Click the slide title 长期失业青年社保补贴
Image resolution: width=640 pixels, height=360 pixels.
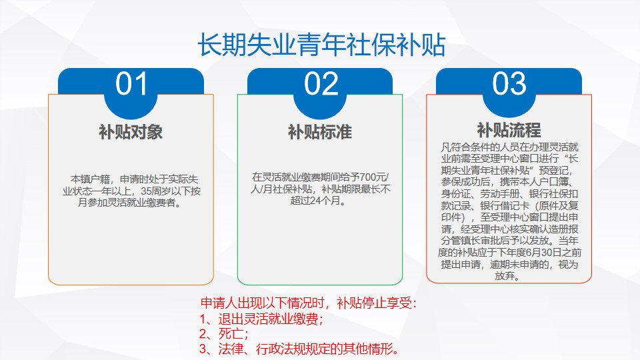pos(321,45)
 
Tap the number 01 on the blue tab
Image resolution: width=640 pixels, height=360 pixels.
pos(131,84)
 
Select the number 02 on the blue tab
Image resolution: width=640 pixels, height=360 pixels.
pos(321,84)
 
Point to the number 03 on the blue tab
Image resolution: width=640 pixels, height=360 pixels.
pos(509,84)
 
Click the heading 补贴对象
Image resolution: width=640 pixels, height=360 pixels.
pos(131,132)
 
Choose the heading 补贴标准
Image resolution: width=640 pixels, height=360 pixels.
pos(320,132)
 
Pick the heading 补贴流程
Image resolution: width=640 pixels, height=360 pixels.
pos(509,130)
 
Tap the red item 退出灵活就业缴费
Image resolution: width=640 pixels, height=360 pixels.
pos(268,319)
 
